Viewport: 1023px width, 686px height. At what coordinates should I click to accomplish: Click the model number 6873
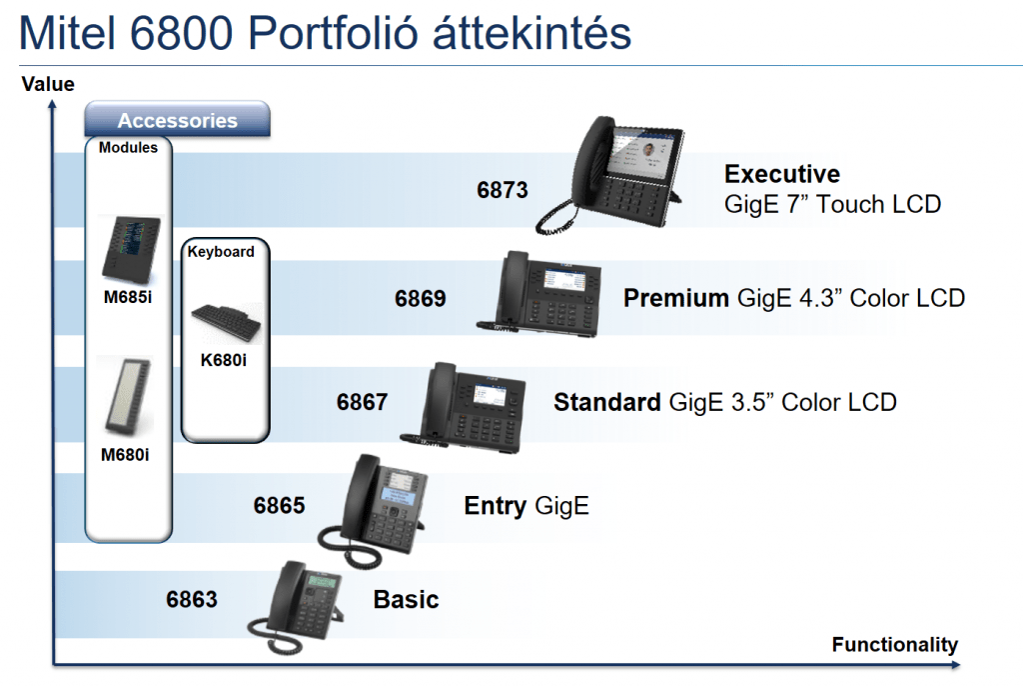click(x=502, y=190)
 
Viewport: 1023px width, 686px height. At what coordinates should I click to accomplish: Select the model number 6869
click(x=421, y=299)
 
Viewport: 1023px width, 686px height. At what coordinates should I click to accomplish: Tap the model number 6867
click(x=362, y=402)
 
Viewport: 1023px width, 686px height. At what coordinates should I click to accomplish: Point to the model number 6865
click(x=280, y=505)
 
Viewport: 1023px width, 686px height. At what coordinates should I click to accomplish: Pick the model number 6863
click(x=192, y=599)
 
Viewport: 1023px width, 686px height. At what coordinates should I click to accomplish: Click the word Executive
click(x=782, y=174)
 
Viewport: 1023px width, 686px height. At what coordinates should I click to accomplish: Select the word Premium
click(x=676, y=298)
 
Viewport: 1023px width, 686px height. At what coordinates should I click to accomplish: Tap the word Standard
click(x=607, y=402)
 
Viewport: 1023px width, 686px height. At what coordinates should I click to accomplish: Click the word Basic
click(x=406, y=599)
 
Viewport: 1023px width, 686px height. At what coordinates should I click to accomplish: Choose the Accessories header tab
click(x=178, y=120)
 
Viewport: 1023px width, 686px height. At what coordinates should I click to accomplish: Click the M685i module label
click(x=128, y=297)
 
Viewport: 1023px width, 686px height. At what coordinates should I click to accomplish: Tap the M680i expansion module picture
click(x=129, y=395)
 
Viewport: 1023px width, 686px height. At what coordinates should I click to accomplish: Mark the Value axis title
click(x=48, y=84)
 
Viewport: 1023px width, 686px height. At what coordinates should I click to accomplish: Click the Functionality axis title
click(x=894, y=645)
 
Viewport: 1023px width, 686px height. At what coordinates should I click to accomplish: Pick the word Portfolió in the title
click(x=333, y=33)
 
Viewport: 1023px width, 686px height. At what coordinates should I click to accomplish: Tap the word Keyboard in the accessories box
click(x=221, y=252)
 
